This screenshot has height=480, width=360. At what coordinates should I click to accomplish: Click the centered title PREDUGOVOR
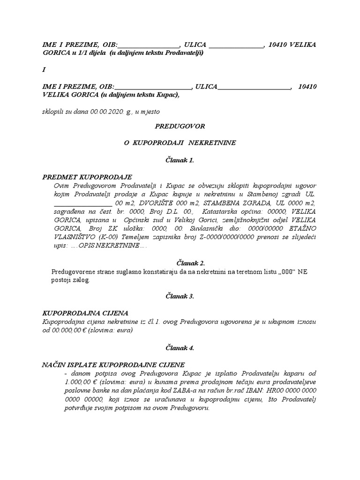click(180, 126)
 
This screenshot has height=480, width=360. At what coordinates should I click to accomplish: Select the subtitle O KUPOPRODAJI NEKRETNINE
click(180, 142)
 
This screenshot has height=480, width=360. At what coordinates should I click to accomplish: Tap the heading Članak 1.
click(180, 160)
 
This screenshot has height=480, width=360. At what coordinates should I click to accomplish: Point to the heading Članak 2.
click(180, 262)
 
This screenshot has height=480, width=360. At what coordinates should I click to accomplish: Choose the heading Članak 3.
click(180, 296)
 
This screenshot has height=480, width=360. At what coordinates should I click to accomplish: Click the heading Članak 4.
click(180, 348)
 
